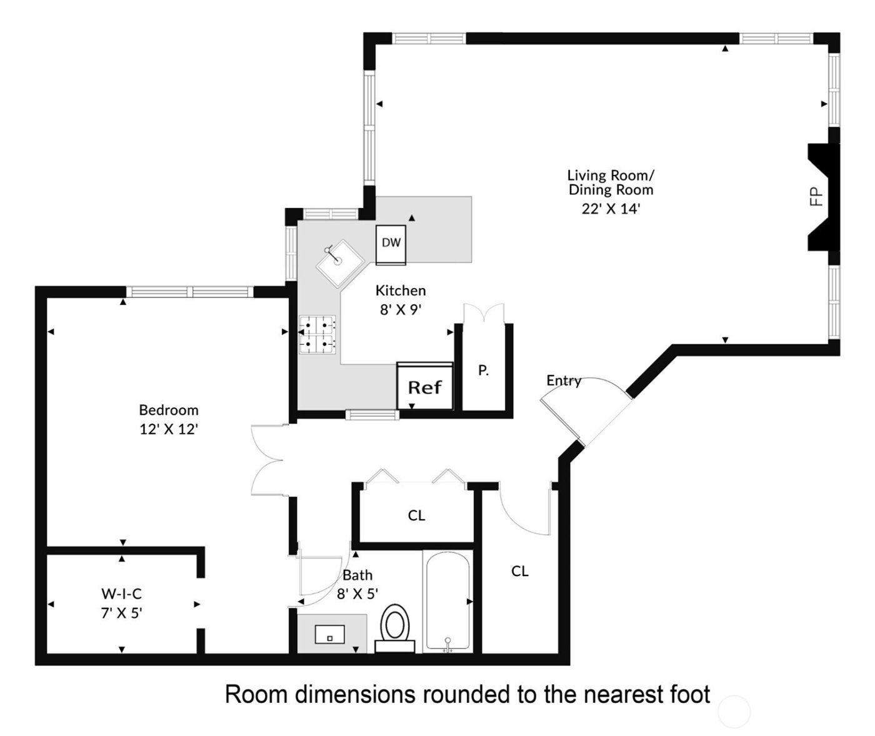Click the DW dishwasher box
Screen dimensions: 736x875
coord(391,243)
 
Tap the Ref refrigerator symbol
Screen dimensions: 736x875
coord(424,387)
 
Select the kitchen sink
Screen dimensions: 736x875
coord(339,262)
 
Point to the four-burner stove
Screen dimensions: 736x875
coord(317,334)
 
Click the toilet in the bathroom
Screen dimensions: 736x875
coord(395,625)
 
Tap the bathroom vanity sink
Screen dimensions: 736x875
coord(329,634)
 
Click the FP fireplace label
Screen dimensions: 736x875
coord(816,196)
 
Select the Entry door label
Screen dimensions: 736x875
coord(563,380)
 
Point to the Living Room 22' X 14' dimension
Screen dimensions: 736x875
coord(611,209)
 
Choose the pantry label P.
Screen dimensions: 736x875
coord(483,370)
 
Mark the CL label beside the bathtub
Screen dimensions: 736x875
coord(519,571)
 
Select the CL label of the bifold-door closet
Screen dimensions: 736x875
coord(416,515)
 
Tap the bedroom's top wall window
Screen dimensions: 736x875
coord(190,292)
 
